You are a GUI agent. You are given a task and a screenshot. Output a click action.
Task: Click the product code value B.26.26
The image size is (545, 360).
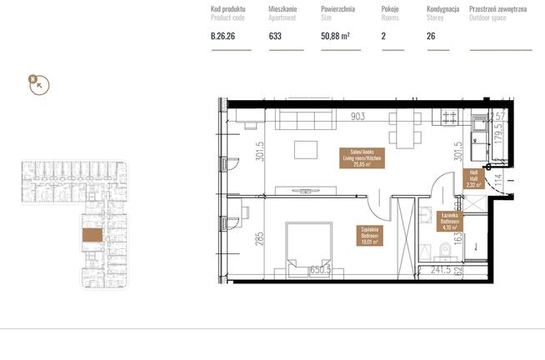[x=222, y=36]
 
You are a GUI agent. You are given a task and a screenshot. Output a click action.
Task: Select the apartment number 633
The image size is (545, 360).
[x=274, y=36]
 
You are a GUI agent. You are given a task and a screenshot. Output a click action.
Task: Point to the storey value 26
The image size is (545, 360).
[x=431, y=36]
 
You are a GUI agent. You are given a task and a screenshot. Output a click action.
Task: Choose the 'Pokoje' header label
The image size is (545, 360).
[x=391, y=8]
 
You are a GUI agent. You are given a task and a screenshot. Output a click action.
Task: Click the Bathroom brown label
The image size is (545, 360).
[x=453, y=220]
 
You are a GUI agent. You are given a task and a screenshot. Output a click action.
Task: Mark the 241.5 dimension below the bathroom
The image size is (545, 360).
[x=439, y=271]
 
